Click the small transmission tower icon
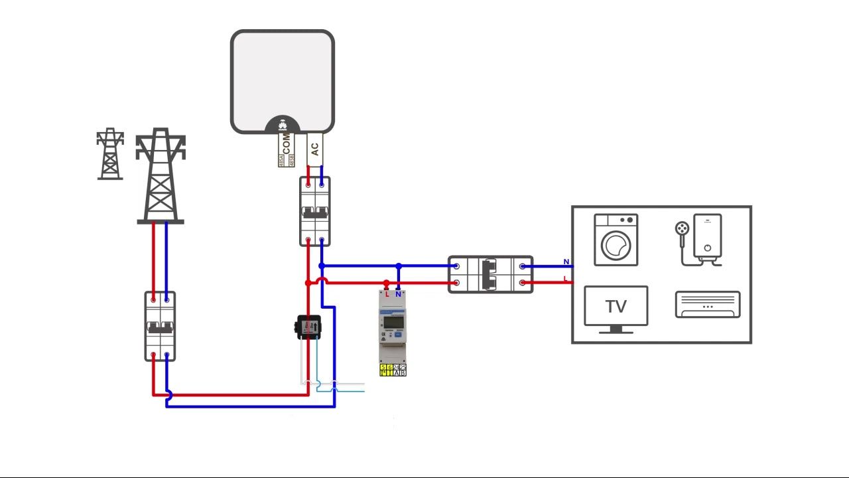[110, 154]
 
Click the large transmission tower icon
[161, 176]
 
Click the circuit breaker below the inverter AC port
[315, 212]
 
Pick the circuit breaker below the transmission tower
[161, 326]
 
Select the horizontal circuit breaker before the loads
[490, 274]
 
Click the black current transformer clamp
[308, 327]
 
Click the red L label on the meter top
[387, 294]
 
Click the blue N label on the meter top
[398, 294]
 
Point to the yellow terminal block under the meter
[393, 370]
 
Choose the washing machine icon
[616, 240]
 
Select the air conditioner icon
[708, 305]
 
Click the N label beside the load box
[566, 262]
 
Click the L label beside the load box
[566, 279]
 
